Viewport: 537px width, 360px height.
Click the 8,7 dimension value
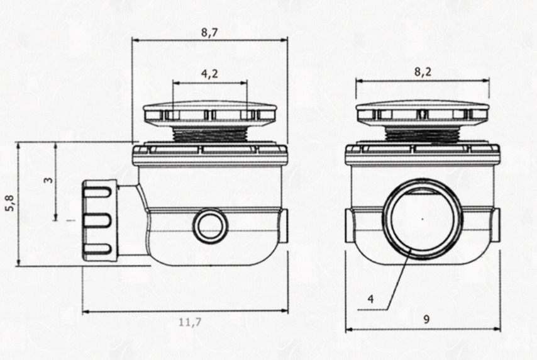click(x=209, y=33)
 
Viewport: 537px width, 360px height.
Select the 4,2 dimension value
click(x=209, y=74)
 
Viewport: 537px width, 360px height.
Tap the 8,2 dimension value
click(x=423, y=72)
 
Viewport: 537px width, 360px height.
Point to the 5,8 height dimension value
click(x=9, y=205)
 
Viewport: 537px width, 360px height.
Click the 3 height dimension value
click(x=48, y=181)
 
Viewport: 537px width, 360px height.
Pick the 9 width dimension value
click(x=426, y=319)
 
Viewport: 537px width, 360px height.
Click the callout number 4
click(x=371, y=299)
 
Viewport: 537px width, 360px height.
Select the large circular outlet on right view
click(x=423, y=219)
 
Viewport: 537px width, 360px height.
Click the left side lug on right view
click(x=350, y=225)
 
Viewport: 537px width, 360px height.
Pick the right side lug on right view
click(x=495, y=225)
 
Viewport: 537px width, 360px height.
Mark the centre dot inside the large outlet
click(x=423, y=219)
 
